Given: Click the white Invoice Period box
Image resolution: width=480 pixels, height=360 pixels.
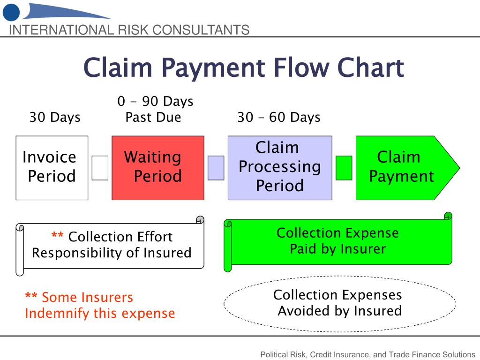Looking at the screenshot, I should [x=52, y=167].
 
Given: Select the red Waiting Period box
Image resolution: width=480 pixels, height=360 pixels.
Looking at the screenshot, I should [x=157, y=167].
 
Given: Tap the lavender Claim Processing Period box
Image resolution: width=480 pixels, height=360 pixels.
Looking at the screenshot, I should [x=280, y=167].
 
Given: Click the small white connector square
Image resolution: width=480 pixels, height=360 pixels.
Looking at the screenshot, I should [x=100, y=168].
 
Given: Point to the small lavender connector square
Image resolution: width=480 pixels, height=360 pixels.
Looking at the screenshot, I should [x=216, y=168].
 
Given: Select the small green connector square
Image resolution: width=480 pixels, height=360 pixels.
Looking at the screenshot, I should [x=344, y=168].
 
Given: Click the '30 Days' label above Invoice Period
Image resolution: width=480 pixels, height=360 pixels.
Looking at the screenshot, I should [x=55, y=117].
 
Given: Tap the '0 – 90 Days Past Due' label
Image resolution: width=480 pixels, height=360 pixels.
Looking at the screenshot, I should [x=155, y=109].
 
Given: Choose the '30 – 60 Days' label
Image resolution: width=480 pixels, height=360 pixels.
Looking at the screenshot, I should [x=279, y=117].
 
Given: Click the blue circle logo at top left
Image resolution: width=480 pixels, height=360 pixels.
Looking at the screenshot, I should [x=11, y=12].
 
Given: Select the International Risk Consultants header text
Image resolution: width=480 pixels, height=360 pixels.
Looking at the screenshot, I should [x=129, y=30].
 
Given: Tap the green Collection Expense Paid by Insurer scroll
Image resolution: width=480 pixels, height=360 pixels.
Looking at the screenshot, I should [x=337, y=241].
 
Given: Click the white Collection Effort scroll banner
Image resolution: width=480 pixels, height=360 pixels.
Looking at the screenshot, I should [x=112, y=245].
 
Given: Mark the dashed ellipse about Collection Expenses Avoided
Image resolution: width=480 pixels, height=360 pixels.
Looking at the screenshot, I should [x=340, y=303].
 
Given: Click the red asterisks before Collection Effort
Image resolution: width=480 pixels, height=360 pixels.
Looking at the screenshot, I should [x=57, y=237].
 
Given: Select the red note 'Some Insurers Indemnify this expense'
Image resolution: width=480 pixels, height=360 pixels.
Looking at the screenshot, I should [x=99, y=305].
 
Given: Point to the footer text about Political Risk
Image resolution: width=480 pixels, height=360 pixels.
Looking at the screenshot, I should [x=367, y=354].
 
